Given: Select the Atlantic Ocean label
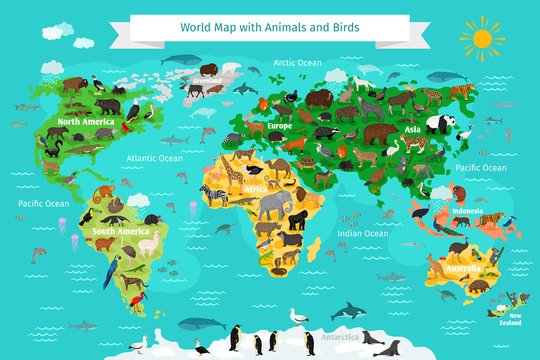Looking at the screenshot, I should [155, 158].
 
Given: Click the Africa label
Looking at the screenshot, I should [256, 187].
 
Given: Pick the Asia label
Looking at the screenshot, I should [412, 129].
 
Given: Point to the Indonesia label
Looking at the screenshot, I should [469, 212].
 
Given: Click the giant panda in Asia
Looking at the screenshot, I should [441, 124].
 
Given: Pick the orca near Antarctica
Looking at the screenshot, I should [348, 311].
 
